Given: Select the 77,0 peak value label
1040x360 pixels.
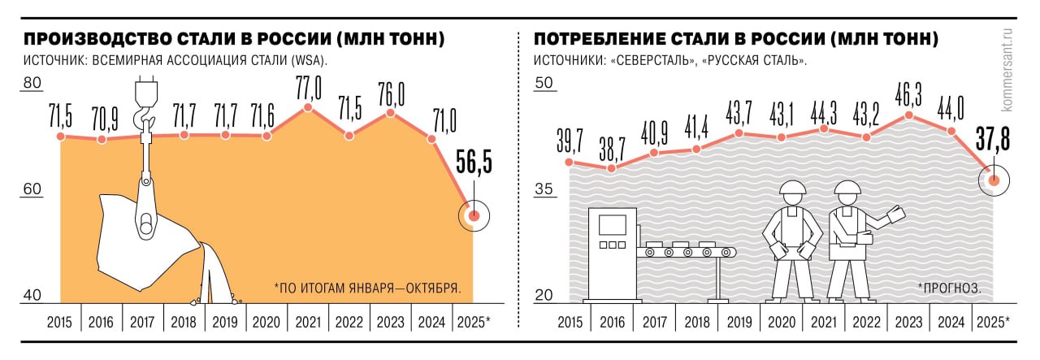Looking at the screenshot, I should (x=308, y=85).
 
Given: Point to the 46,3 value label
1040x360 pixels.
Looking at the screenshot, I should (x=908, y=94).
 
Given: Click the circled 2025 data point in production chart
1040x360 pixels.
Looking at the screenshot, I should (x=474, y=215).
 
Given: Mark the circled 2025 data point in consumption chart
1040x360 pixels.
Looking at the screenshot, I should (x=992, y=180).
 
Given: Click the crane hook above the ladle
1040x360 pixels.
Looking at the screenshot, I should (x=145, y=102).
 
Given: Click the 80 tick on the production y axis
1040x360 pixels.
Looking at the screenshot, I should (x=32, y=83).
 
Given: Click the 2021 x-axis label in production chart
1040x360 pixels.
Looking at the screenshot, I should (x=308, y=322).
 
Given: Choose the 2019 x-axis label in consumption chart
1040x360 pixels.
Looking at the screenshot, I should (x=739, y=322).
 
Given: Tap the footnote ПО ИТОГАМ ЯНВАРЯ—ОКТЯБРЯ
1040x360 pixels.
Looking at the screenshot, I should (x=368, y=288).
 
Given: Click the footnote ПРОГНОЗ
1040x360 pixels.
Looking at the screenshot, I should (x=949, y=288).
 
